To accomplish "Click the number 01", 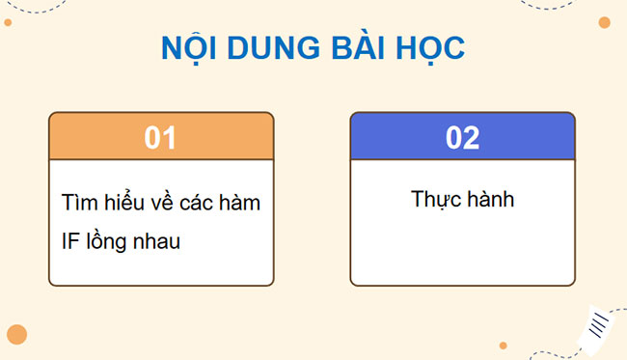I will pyautogui.click(x=160, y=137).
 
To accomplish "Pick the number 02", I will pyautogui.click(x=462, y=137).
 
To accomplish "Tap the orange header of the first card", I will pyautogui.click(x=96, y=137).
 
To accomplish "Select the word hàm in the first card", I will pyautogui.click(x=238, y=204).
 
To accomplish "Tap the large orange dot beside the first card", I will pyautogui.click(x=16, y=334).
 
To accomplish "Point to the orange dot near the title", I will pyautogui.click(x=604, y=22).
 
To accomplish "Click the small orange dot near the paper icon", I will pyautogui.click(x=503, y=345).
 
